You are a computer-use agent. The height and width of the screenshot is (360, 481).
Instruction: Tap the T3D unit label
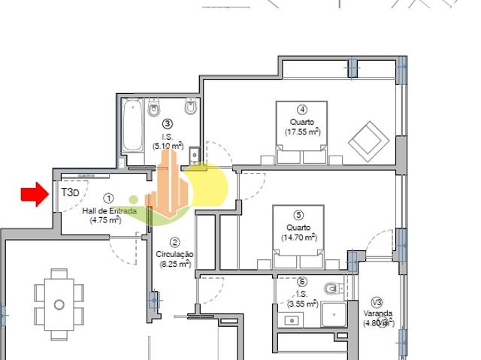pos(70,192)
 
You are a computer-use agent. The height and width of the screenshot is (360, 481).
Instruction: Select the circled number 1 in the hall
pos(108,198)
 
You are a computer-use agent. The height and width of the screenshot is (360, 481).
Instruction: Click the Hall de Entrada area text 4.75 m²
pos(105,220)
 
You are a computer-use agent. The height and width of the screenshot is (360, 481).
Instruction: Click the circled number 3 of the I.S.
pos(168,123)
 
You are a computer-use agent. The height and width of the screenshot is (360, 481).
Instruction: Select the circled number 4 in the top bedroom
pos(301,108)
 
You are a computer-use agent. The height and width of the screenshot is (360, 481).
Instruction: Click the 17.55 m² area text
pos(302,132)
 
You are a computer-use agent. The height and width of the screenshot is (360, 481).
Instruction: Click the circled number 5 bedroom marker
pos(298,214)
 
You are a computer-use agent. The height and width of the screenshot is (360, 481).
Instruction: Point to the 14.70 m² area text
pos(298,237)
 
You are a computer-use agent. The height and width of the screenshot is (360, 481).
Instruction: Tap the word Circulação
pos(174,255)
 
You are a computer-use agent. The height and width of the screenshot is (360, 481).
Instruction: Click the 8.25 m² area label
pos(174,264)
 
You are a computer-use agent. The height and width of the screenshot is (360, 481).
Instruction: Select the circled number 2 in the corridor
pos(174,242)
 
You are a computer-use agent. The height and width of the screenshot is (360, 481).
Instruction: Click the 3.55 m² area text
pos(302,304)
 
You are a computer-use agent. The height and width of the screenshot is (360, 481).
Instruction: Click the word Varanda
pos(378,313)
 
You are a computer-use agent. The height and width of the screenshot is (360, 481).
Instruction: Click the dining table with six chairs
pos(59,304)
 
